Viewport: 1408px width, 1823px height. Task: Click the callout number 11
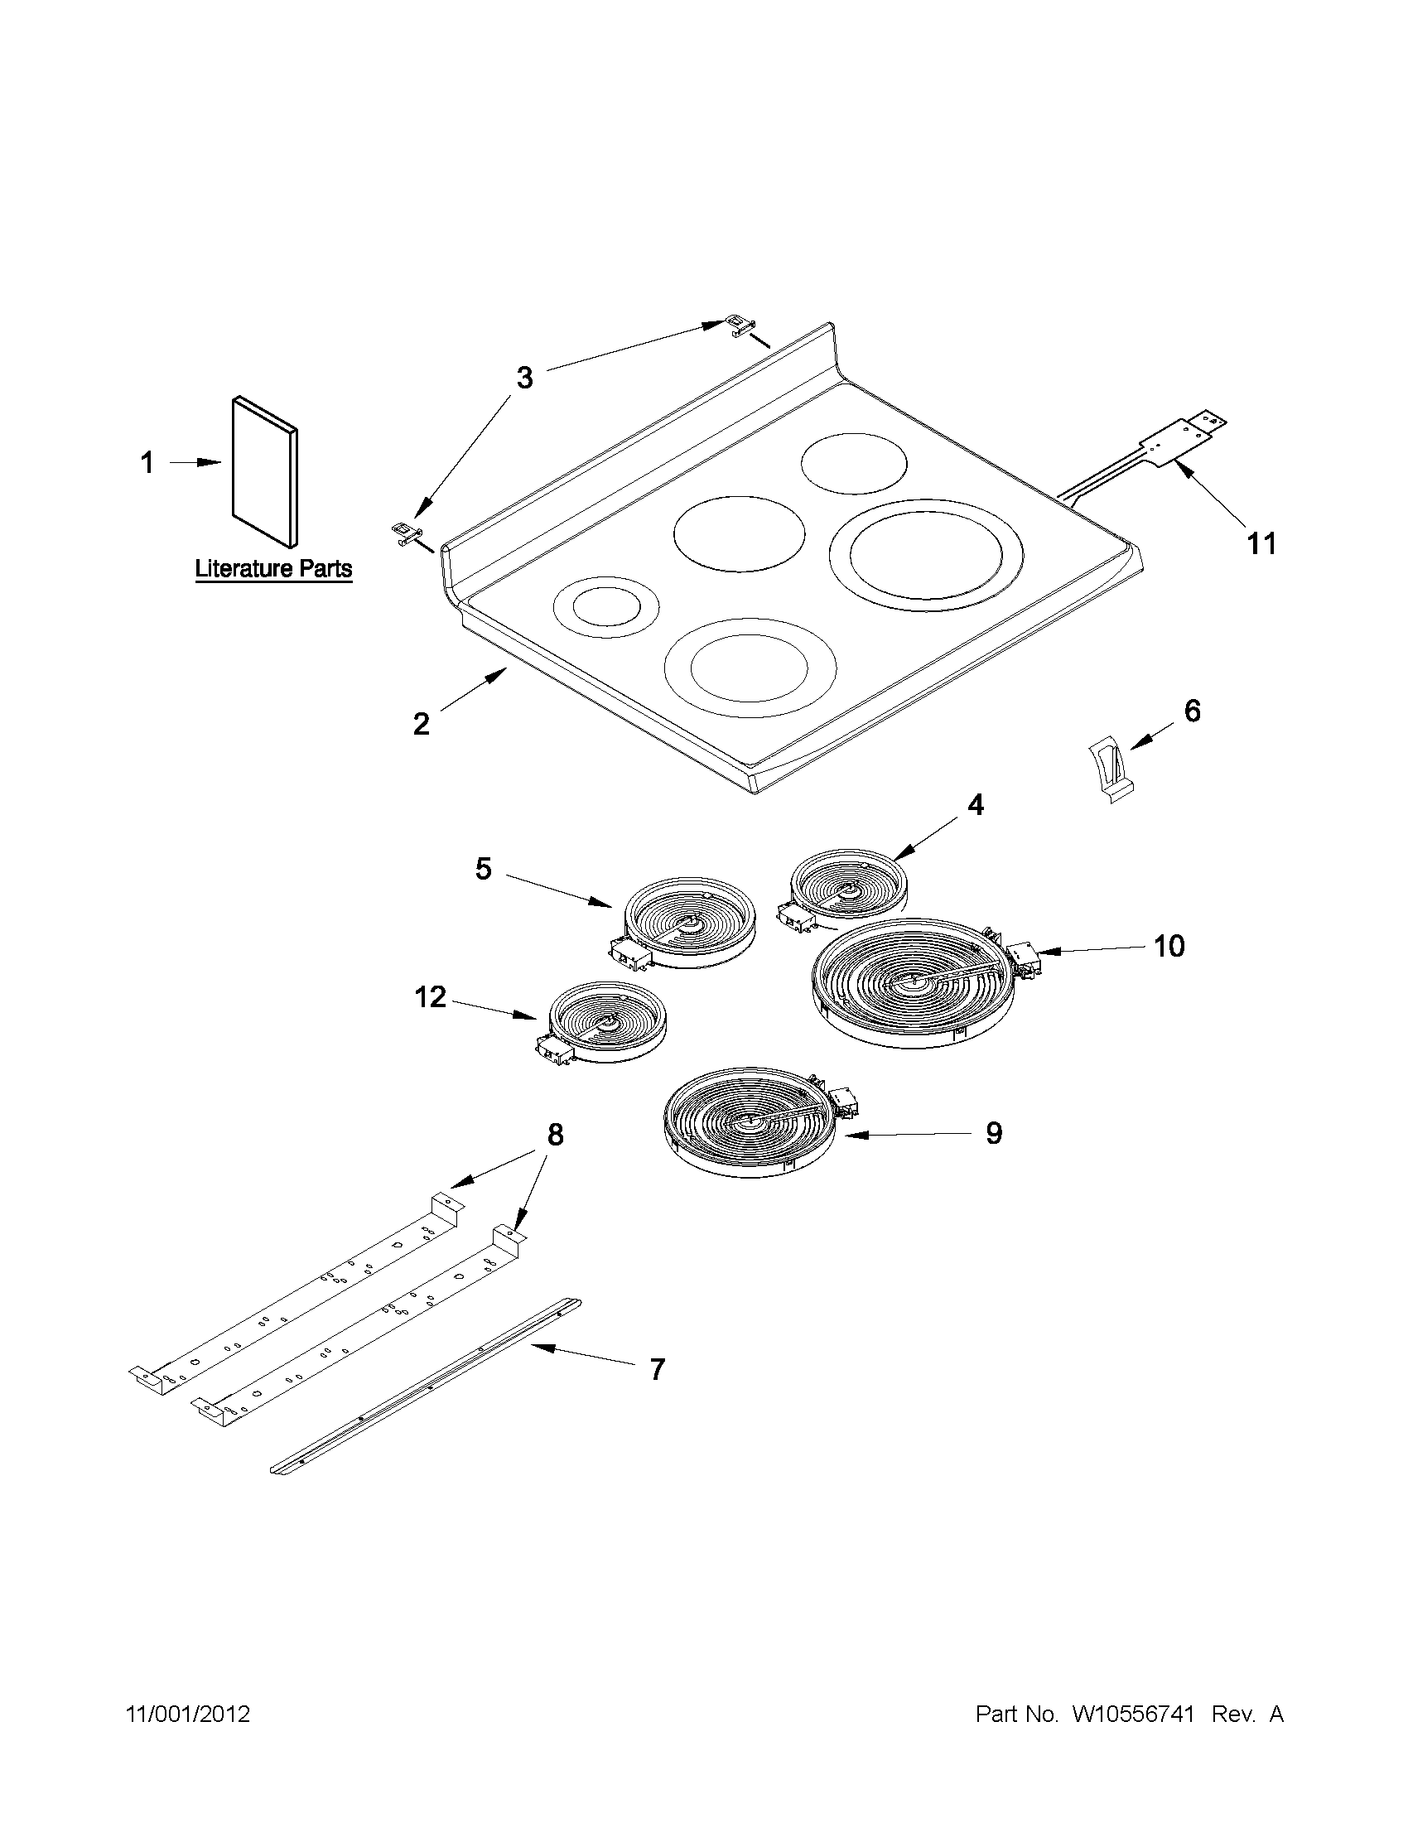[x=1261, y=543]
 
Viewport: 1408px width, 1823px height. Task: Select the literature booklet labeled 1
[x=263, y=471]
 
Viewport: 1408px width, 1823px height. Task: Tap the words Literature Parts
[x=273, y=569]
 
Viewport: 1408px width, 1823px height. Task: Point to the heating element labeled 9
[x=750, y=1121]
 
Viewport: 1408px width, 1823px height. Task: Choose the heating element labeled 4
[x=848, y=889]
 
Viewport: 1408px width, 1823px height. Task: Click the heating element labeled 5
[x=690, y=921]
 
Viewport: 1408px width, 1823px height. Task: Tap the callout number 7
[x=657, y=1369]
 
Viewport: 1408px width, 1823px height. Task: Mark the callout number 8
[x=555, y=1135]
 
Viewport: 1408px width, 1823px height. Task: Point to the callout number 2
[x=421, y=723]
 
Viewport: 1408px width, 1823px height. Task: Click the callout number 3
[x=524, y=379]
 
